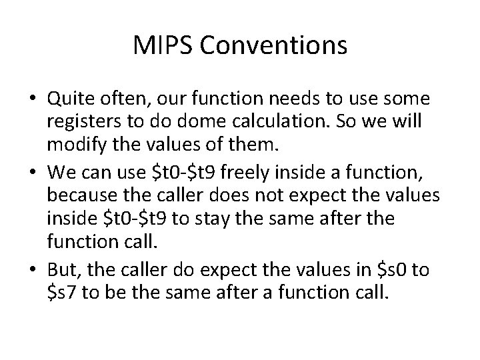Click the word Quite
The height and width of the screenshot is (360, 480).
pyautogui.click(x=67, y=100)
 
